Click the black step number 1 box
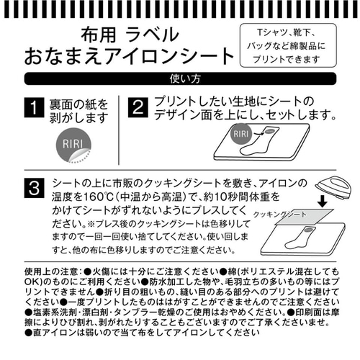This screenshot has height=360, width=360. [x=34, y=107]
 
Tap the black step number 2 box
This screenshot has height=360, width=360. [x=138, y=107]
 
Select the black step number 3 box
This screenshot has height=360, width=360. [x=34, y=188]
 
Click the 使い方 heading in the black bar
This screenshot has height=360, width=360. [x=185, y=78]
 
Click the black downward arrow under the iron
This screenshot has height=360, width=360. [x=323, y=202]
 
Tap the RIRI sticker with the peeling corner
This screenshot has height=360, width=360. [x=73, y=145]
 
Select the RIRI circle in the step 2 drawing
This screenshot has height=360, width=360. [x=240, y=134]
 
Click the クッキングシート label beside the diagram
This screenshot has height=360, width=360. [x=280, y=215]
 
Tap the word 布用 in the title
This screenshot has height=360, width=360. [x=99, y=35]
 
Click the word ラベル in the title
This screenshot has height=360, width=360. [x=153, y=35]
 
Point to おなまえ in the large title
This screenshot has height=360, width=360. [x=63, y=56]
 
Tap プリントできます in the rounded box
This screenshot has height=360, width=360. [x=287, y=59]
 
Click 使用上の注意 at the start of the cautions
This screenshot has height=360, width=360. [x=51, y=271]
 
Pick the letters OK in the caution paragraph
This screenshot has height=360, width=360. [x=31, y=282]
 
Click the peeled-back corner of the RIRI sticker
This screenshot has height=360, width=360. [x=78, y=156]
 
